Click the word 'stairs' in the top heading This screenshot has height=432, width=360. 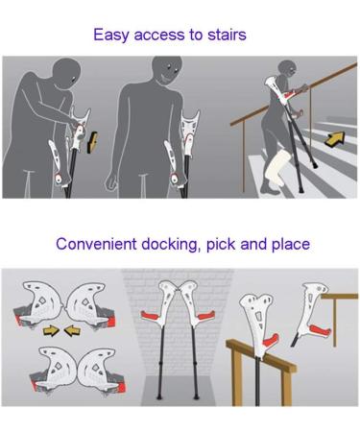(x=224, y=36)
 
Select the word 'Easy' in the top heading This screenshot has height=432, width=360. (x=111, y=36)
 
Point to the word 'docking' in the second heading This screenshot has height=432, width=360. (x=181, y=244)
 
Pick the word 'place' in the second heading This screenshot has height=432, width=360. (x=289, y=244)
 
